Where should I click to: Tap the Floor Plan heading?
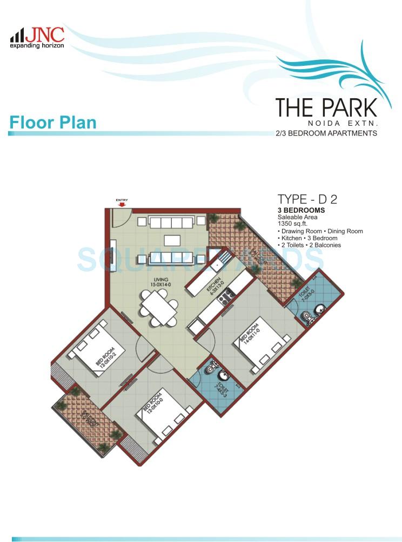(52, 122)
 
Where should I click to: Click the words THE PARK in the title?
(326, 108)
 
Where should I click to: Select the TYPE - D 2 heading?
(307, 199)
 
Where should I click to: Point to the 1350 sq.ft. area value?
(291, 224)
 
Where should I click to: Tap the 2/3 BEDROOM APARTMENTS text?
(326, 133)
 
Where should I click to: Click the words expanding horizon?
(37, 46)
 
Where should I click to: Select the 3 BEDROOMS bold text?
(301, 210)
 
